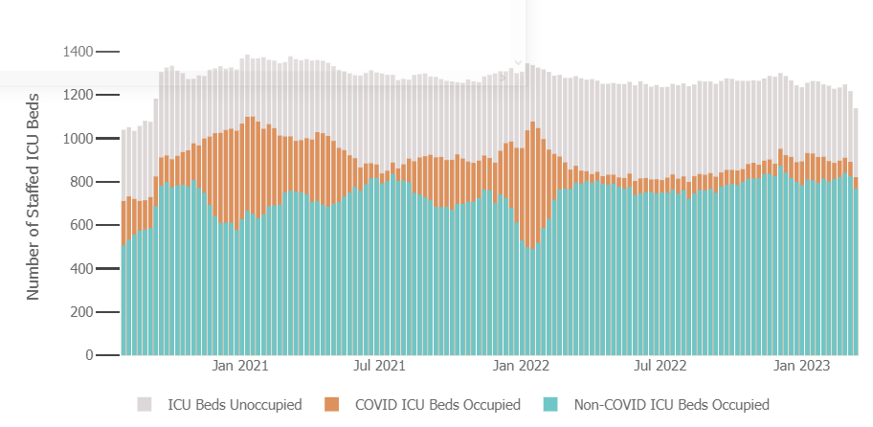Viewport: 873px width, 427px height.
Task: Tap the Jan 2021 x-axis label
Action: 239,366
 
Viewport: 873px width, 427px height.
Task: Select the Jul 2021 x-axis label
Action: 380,366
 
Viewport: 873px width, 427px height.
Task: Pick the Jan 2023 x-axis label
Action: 801,366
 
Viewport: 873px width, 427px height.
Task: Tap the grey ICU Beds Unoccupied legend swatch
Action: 145,405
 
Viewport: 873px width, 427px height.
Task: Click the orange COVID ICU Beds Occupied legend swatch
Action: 332,405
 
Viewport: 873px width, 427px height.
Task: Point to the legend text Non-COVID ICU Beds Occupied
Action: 671,405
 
